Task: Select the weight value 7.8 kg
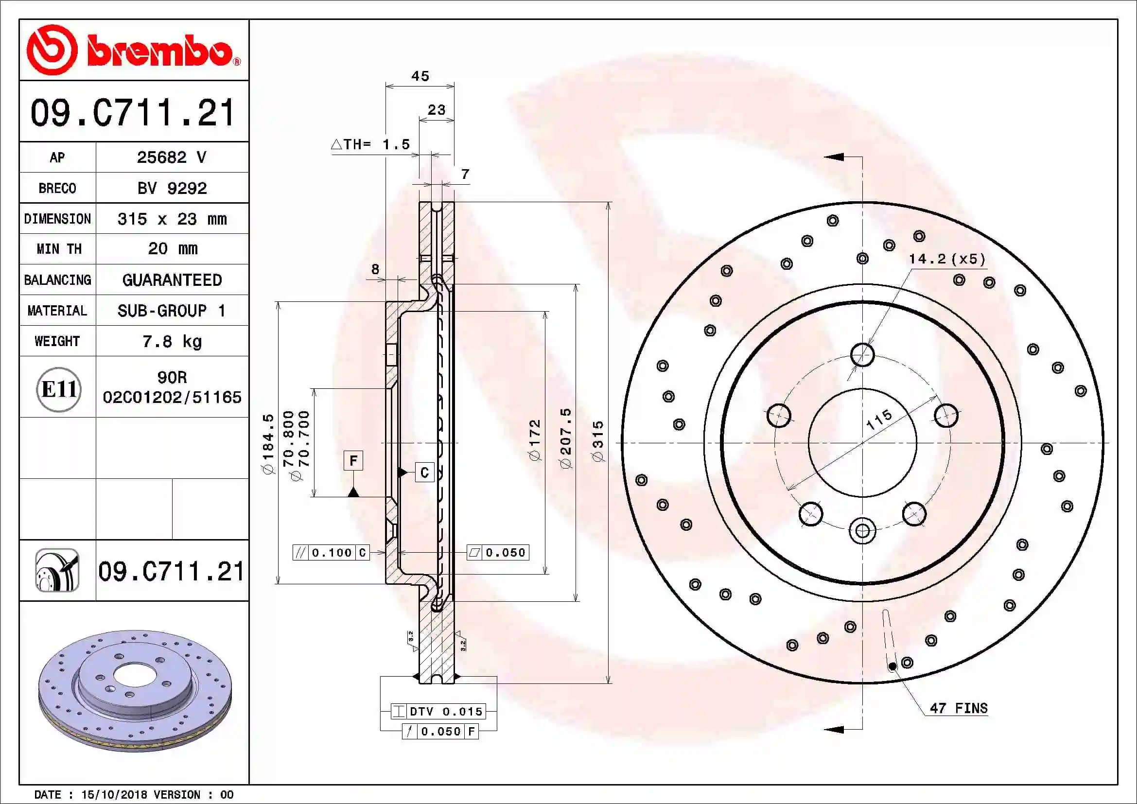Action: (172, 341)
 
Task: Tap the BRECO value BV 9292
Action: (172, 188)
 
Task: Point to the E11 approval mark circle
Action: (58, 389)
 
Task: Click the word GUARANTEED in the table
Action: (172, 280)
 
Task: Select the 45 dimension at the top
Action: (420, 76)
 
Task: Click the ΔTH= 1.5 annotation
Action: (370, 144)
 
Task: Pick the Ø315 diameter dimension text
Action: (599, 441)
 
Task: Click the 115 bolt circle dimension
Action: (879, 419)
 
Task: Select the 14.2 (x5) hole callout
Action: (946, 259)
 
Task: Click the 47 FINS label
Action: (958, 708)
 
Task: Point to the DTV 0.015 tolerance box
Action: (438, 712)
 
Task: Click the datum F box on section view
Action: (353, 460)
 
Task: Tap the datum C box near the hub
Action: (424, 472)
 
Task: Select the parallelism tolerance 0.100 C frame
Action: (331, 553)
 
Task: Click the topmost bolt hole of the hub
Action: (862, 354)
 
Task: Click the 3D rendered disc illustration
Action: (135, 691)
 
